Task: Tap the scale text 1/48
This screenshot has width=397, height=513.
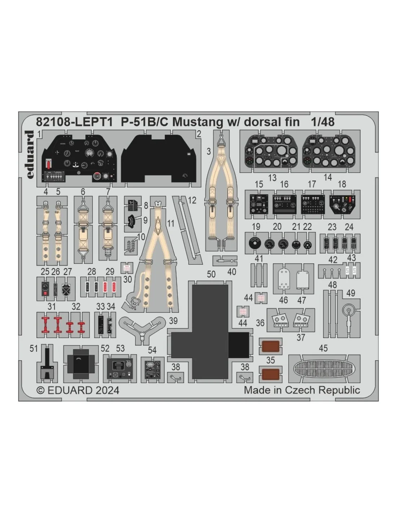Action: [323, 122]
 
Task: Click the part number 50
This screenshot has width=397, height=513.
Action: [211, 274]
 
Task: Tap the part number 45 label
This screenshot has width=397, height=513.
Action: [323, 348]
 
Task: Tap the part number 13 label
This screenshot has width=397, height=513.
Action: [272, 177]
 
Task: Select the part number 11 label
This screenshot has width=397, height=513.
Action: [170, 223]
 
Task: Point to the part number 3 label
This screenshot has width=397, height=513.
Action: [209, 151]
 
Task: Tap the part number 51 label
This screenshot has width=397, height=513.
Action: [34, 348]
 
